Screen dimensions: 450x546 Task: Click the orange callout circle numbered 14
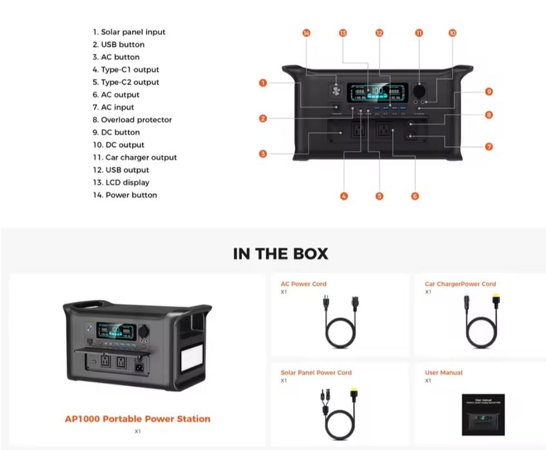point(306,33)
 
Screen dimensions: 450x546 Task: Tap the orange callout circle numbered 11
point(419,33)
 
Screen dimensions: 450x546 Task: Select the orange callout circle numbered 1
point(263,82)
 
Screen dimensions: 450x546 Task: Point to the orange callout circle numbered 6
point(414,196)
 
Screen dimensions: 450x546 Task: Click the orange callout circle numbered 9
point(489,92)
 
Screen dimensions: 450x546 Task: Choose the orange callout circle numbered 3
point(263,154)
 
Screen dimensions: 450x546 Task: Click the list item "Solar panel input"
point(129,32)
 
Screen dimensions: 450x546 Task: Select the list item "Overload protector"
point(132,120)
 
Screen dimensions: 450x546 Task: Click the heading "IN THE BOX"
point(280,254)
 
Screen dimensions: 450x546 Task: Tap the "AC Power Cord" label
point(303,284)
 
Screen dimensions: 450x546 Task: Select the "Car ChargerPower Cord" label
point(460,284)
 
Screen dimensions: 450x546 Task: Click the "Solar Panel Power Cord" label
point(316,373)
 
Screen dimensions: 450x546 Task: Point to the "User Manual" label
point(444,373)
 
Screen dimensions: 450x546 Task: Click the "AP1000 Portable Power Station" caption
point(137,418)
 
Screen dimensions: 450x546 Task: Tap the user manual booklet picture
point(483,414)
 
